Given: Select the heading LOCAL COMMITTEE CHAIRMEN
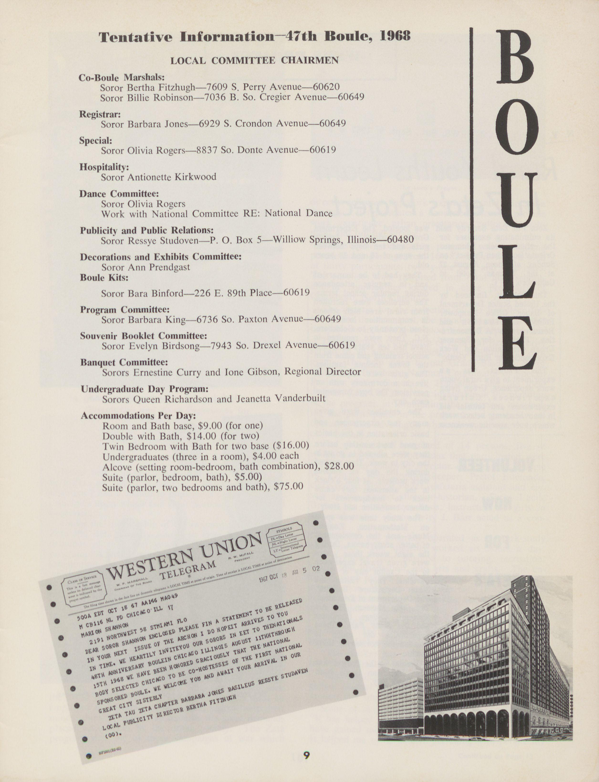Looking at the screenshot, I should (254, 61).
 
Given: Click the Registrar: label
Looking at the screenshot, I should (100, 114).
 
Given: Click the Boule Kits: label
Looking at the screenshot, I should (104, 277).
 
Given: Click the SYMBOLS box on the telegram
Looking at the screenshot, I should (286, 538).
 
